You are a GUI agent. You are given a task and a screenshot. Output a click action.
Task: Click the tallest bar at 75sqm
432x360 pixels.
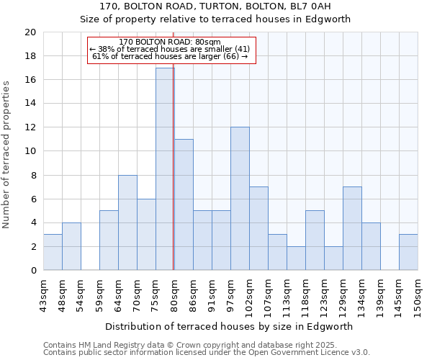(165, 169)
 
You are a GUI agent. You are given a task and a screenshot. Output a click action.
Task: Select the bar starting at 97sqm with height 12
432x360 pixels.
(240, 199)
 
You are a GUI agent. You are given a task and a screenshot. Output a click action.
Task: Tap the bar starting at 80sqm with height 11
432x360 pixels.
(184, 204)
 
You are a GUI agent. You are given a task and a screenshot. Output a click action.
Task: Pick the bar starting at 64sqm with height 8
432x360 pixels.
(127, 222)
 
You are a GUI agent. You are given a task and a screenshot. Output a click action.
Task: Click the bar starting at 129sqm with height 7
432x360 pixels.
(352, 228)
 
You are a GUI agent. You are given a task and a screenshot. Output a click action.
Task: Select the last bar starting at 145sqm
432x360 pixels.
(408, 252)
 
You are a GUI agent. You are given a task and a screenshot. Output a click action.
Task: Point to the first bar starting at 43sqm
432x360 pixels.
(53, 252)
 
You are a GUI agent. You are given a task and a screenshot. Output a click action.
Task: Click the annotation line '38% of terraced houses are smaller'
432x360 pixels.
(170, 49)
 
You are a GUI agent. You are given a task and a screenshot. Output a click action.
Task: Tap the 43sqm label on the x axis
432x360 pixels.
(43, 293)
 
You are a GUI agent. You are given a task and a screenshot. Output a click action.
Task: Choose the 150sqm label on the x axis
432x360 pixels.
(418, 294)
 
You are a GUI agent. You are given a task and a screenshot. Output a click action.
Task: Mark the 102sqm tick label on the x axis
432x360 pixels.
(249, 294)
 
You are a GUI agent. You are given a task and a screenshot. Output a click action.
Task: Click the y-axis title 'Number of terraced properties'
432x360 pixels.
(7, 154)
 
